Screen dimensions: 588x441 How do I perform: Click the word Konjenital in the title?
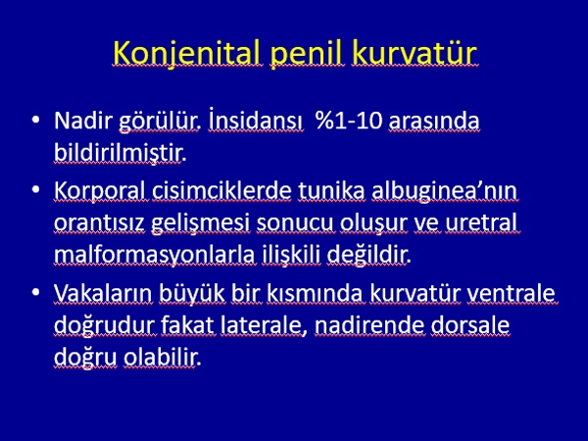(187, 53)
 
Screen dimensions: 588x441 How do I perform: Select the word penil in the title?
(307, 54)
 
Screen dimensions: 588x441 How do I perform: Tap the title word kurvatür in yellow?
(415, 53)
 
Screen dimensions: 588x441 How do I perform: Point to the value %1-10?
(348, 121)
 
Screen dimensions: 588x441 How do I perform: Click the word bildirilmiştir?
(120, 152)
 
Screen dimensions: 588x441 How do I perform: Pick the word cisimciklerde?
(221, 190)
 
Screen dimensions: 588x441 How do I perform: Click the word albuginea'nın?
(444, 191)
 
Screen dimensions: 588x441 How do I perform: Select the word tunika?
(331, 190)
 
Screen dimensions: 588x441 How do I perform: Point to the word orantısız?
(99, 222)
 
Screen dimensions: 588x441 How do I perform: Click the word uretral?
(481, 222)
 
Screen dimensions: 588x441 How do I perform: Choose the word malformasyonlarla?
(155, 255)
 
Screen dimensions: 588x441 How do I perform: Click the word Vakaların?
(103, 293)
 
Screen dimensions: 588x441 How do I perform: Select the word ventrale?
(511, 293)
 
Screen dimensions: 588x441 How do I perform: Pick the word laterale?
(262, 325)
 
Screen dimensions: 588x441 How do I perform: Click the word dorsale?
(469, 324)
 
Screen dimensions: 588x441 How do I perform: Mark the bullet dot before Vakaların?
(36, 292)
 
